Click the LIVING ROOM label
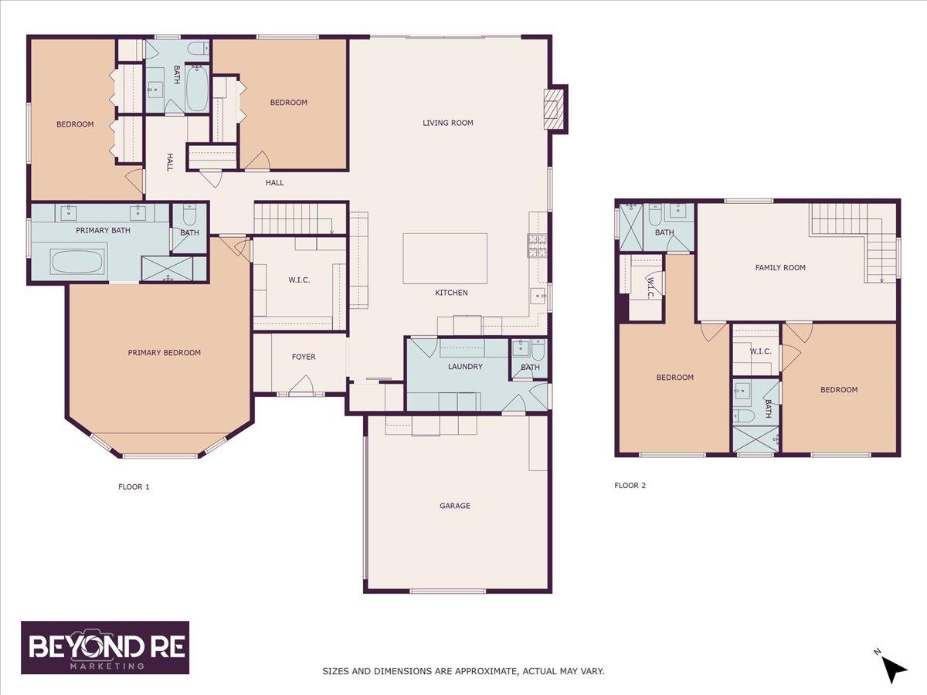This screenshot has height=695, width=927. [447, 123]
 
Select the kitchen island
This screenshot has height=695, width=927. [445, 258]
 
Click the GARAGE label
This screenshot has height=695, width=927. [455, 506]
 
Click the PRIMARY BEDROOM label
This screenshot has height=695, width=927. [165, 352]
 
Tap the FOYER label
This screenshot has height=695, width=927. [304, 357]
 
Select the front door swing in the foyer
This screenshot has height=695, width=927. [301, 384]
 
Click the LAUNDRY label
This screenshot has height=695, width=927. [465, 366]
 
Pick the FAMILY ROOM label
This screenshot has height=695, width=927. [780, 267]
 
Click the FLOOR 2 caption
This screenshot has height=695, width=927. [630, 485]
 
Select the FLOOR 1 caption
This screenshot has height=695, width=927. [134, 486]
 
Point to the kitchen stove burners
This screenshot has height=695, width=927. [537, 245]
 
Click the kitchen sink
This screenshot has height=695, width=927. [538, 296]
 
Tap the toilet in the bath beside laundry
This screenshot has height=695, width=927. [538, 349]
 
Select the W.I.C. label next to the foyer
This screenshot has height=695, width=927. [299, 280]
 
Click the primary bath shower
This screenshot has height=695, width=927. [167, 269]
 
